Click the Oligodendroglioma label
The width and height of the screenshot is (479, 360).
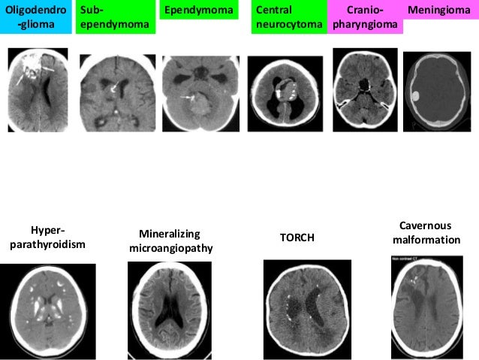[x=36, y=17]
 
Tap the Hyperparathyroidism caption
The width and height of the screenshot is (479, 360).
[x=47, y=237]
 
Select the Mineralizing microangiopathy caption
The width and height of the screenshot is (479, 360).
[x=171, y=241]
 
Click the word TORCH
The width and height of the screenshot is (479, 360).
[x=297, y=237]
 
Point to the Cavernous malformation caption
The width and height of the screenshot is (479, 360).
[x=425, y=232]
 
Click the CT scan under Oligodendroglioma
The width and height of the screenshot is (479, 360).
[x=38, y=89]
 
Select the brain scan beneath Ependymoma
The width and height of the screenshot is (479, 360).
[x=197, y=94]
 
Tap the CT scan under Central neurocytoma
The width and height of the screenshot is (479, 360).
[x=284, y=94]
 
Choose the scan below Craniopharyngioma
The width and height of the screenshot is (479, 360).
[x=365, y=90]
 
